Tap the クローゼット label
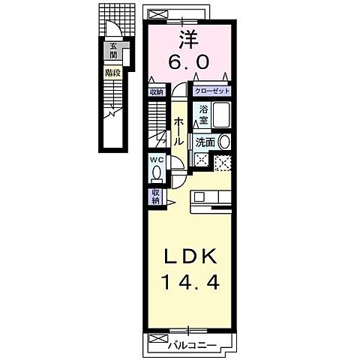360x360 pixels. point(211,91)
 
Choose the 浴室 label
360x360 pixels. point(203,114)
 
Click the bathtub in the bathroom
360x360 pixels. point(221,115)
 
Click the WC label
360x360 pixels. point(156,159)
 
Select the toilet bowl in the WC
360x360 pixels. point(156,172)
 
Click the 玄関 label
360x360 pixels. point(114,50)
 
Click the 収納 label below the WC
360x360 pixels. point(156,196)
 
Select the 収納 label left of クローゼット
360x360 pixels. point(155,91)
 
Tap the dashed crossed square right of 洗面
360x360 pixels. point(223,160)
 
